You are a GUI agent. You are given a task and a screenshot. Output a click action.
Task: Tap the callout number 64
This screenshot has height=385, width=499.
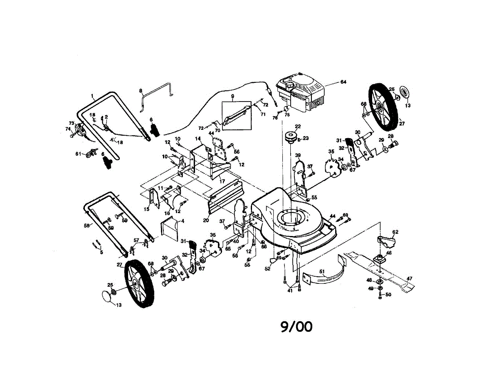pyautogui.click(x=343, y=82)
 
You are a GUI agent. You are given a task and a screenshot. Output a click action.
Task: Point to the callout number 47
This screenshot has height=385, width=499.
pyautogui.click(x=409, y=278)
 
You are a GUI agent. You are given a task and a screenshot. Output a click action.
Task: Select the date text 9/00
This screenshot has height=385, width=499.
pyautogui.click(x=296, y=327)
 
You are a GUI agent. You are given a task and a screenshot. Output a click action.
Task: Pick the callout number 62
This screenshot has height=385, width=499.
pyautogui.click(x=395, y=232)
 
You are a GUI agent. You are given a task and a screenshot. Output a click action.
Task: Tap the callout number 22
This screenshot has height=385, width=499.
pyautogui.click(x=298, y=127)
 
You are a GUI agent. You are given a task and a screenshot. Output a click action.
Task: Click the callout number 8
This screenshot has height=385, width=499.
pyautogui.click(x=141, y=90)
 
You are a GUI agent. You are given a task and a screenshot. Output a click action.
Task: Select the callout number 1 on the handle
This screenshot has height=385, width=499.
pyautogui.click(x=93, y=95)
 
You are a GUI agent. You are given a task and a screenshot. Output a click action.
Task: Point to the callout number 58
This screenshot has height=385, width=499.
pyautogui.click(x=87, y=226)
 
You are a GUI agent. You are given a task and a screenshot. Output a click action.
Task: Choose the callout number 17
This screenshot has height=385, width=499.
pyautogui.click(x=222, y=181)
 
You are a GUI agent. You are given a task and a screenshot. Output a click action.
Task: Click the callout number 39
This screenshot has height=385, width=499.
pyautogui.click(x=298, y=155)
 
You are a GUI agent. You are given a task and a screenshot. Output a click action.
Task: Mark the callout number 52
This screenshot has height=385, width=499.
pyautogui.click(x=267, y=269)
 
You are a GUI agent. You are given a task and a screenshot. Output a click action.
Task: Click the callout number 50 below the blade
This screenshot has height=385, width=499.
pyautogui.click(x=388, y=295)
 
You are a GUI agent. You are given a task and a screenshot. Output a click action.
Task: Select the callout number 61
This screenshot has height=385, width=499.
pyautogui.click(x=78, y=154)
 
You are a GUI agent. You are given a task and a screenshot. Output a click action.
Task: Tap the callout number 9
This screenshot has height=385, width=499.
pyautogui.click(x=232, y=97)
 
